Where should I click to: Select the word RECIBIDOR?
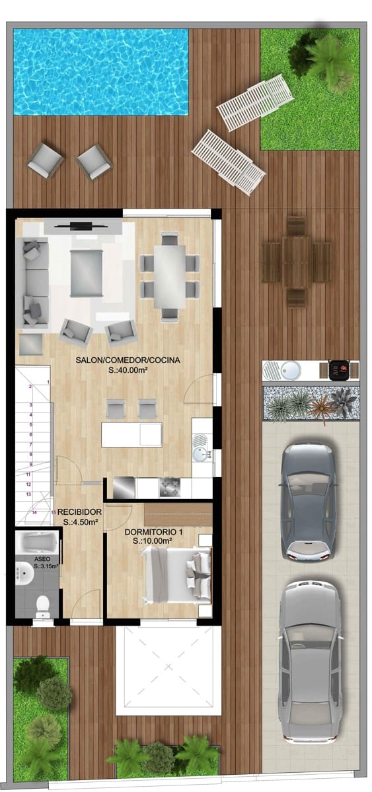tap(79, 511)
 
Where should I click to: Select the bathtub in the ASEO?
tap(38, 543)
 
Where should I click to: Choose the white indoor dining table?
tap(170, 276)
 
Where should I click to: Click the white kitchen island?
tap(131, 434)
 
